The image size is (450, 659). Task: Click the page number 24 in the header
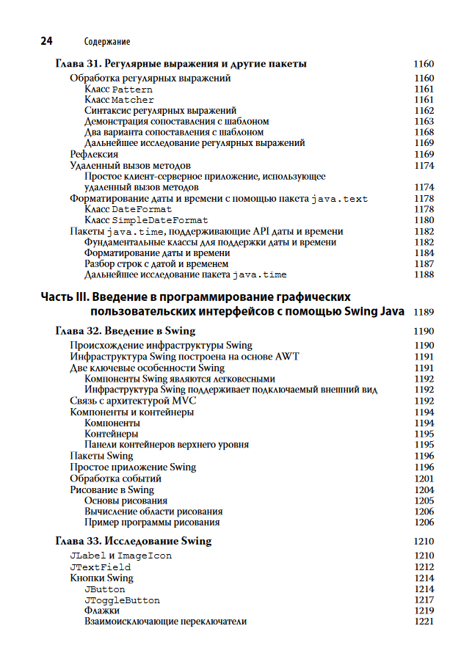(x=47, y=41)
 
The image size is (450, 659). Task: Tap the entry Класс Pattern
(x=118, y=89)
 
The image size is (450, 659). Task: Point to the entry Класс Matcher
(x=119, y=100)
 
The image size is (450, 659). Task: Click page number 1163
(x=424, y=121)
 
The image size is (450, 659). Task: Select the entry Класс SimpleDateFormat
(x=146, y=220)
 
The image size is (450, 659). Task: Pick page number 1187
(x=424, y=263)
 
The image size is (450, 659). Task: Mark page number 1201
(x=424, y=478)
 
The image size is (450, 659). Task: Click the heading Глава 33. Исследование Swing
(x=134, y=542)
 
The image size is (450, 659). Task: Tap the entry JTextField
(x=100, y=567)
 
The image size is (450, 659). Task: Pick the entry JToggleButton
(x=122, y=600)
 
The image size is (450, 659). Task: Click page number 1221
(x=424, y=622)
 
